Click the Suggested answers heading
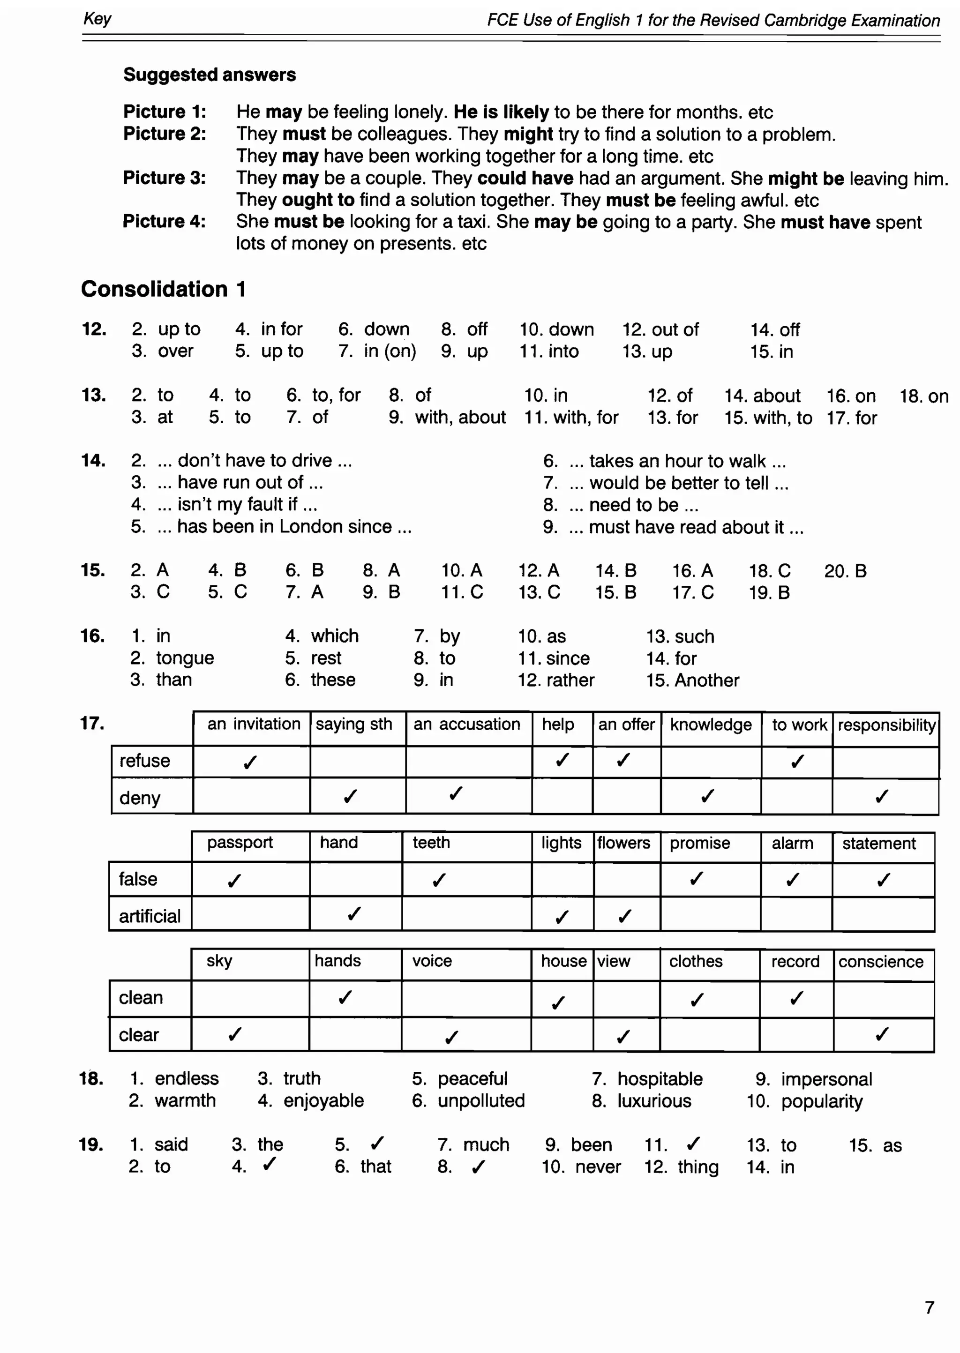209,75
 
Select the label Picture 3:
165,178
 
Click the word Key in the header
97,19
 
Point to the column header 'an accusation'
466,725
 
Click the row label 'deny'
140,798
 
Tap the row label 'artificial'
150,916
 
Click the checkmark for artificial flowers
624,916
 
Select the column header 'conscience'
880,962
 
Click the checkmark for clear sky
235,1034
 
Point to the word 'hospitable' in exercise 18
660,1079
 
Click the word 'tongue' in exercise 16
185,658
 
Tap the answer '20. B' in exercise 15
845,571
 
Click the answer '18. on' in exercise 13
924,396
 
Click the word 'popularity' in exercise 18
822,1101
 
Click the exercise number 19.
90,1144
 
